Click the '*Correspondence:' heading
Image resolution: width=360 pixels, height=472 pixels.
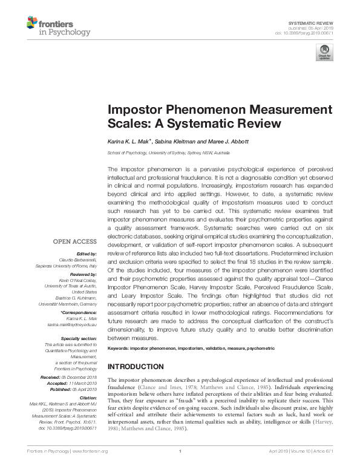pyautogui.click(x=79, y=312)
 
